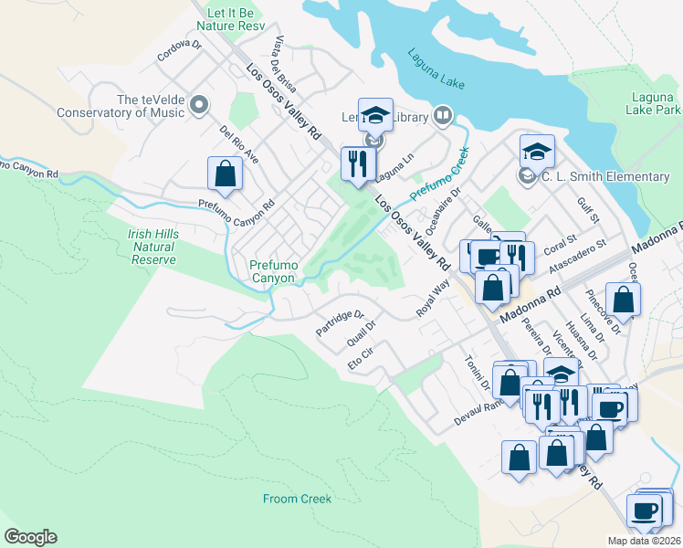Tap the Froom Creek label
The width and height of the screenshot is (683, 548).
click(x=297, y=499)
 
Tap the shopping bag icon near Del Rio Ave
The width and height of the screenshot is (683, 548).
click(x=225, y=174)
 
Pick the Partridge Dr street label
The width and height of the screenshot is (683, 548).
click(x=341, y=325)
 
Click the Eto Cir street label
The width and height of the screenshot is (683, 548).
click(x=362, y=358)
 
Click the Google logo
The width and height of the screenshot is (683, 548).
click(x=30, y=537)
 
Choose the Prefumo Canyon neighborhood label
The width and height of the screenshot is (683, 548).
click(x=272, y=271)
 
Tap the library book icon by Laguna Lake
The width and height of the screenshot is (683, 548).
click(x=443, y=115)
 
